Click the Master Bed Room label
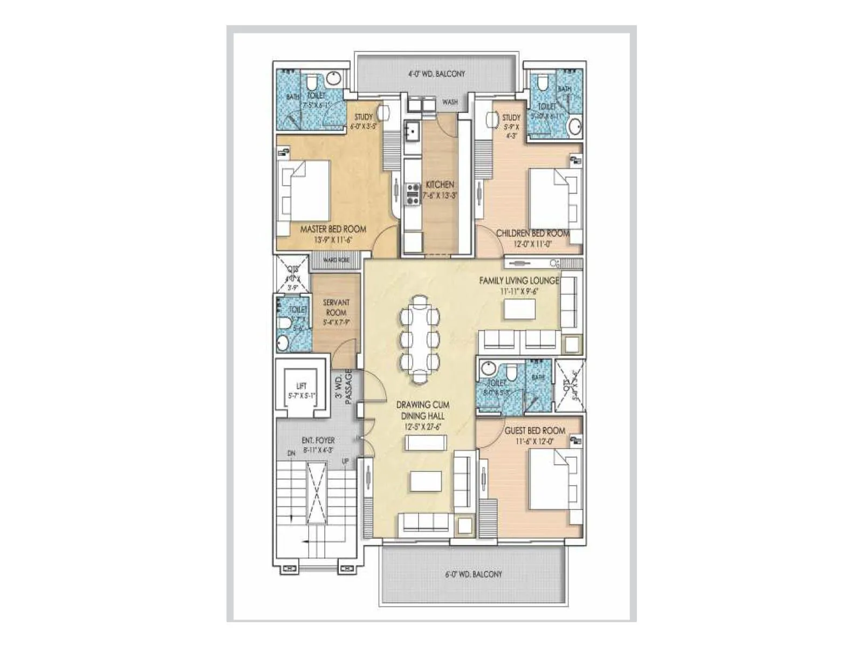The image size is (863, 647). pyautogui.click(x=333, y=229)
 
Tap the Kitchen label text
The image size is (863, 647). pyautogui.click(x=440, y=184)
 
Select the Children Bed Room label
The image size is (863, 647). pyautogui.click(x=532, y=233)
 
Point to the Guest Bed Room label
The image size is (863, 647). pyautogui.click(x=535, y=431)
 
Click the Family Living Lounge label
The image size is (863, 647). pyautogui.click(x=519, y=280)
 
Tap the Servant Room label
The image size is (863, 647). pyautogui.click(x=336, y=307)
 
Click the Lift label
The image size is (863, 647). pyautogui.click(x=302, y=386)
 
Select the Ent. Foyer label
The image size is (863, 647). pyautogui.click(x=318, y=440)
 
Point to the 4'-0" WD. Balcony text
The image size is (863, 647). pyautogui.click(x=436, y=74)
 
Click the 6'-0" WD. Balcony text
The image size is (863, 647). pyautogui.click(x=474, y=574)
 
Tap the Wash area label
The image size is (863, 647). pyautogui.click(x=450, y=102)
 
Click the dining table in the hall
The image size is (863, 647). pyautogui.click(x=419, y=338)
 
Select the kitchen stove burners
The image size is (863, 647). pyautogui.click(x=413, y=194)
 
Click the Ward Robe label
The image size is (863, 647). pyautogui.click(x=336, y=260)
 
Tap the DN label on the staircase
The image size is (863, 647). pyautogui.click(x=291, y=454)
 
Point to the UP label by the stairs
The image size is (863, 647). pyautogui.click(x=345, y=462)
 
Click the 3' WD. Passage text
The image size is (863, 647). pyautogui.click(x=344, y=386)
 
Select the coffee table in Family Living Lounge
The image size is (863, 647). pyautogui.click(x=519, y=309)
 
